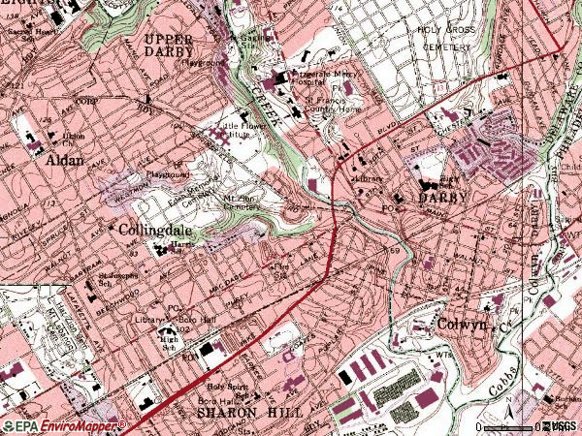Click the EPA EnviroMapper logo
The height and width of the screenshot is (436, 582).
(x=63, y=425)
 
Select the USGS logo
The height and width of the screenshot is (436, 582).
(x=560, y=426)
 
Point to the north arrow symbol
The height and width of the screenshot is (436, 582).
(x=506, y=417)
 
